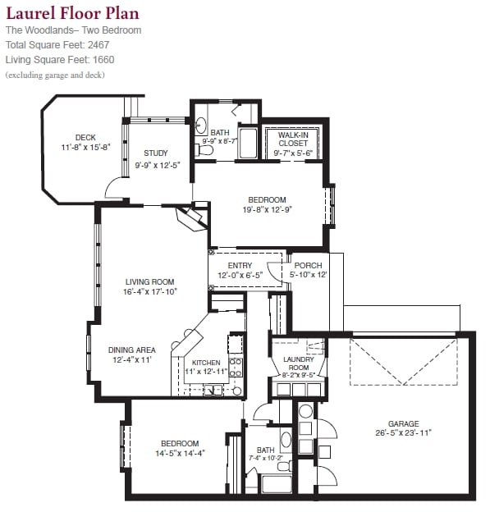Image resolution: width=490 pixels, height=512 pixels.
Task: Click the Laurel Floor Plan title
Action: [x=72, y=14]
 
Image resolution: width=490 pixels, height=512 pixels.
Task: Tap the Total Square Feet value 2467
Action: [x=98, y=45]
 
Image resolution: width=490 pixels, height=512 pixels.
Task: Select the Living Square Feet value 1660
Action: [x=103, y=60]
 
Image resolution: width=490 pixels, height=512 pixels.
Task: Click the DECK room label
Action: [x=85, y=138]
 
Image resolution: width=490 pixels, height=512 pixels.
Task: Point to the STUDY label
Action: [x=156, y=153]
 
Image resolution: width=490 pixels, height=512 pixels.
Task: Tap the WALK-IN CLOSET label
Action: [x=293, y=139]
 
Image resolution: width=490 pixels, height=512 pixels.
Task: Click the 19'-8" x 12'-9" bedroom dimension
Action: [x=268, y=209]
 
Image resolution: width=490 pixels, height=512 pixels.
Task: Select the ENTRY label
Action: [x=240, y=266]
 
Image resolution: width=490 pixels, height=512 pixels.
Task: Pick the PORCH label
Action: [x=308, y=266]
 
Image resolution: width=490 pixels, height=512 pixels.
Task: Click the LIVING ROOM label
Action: [x=150, y=281]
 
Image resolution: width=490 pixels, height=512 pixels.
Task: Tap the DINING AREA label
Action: [x=132, y=350]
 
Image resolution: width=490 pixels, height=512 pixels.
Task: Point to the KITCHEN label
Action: [x=206, y=363]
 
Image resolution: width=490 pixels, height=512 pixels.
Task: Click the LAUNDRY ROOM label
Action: [x=299, y=363]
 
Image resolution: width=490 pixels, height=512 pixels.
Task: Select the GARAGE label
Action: [x=404, y=424]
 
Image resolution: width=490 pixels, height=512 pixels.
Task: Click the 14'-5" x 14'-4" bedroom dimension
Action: [x=180, y=453]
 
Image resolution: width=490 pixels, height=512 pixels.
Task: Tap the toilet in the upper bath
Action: [x=204, y=150]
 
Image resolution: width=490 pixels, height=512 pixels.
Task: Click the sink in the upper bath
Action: [x=201, y=125]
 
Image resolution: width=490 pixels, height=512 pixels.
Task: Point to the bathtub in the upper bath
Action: [x=248, y=143]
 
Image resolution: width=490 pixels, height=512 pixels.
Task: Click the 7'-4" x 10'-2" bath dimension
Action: [x=266, y=458]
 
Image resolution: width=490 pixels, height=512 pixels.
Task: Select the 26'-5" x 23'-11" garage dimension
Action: [x=404, y=433]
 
